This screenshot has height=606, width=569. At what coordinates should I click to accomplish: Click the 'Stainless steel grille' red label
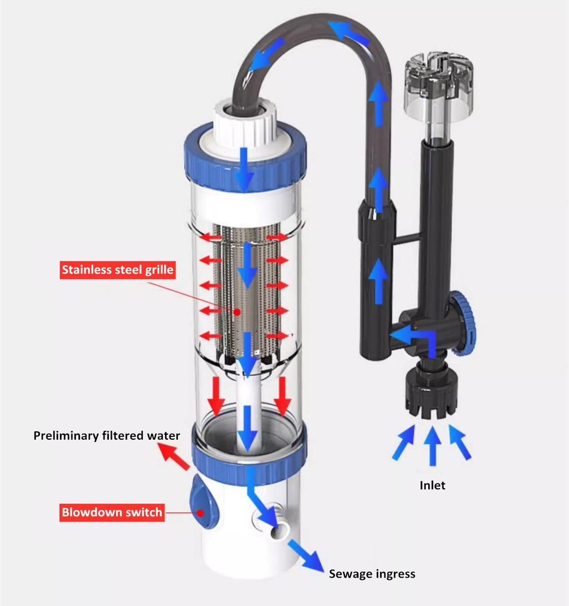pyautogui.click(x=118, y=270)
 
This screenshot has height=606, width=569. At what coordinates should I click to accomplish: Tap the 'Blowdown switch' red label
pyautogui.click(x=112, y=513)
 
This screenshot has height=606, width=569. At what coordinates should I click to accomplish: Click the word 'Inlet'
pyautogui.click(x=432, y=485)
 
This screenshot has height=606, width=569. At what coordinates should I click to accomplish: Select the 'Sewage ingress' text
pyautogui.click(x=372, y=574)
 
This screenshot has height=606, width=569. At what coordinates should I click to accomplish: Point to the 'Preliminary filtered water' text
pyautogui.click(x=107, y=435)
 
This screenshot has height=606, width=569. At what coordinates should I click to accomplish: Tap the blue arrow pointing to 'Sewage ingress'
pyautogui.click(x=306, y=555)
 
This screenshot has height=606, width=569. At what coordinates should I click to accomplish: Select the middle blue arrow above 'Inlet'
pyautogui.click(x=433, y=446)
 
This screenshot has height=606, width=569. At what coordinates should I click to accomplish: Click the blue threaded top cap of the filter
pyautogui.click(x=245, y=155)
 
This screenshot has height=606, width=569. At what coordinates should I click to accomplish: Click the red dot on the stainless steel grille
pyautogui.click(x=237, y=311)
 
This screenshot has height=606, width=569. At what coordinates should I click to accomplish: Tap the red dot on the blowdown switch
pyautogui.click(x=200, y=513)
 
